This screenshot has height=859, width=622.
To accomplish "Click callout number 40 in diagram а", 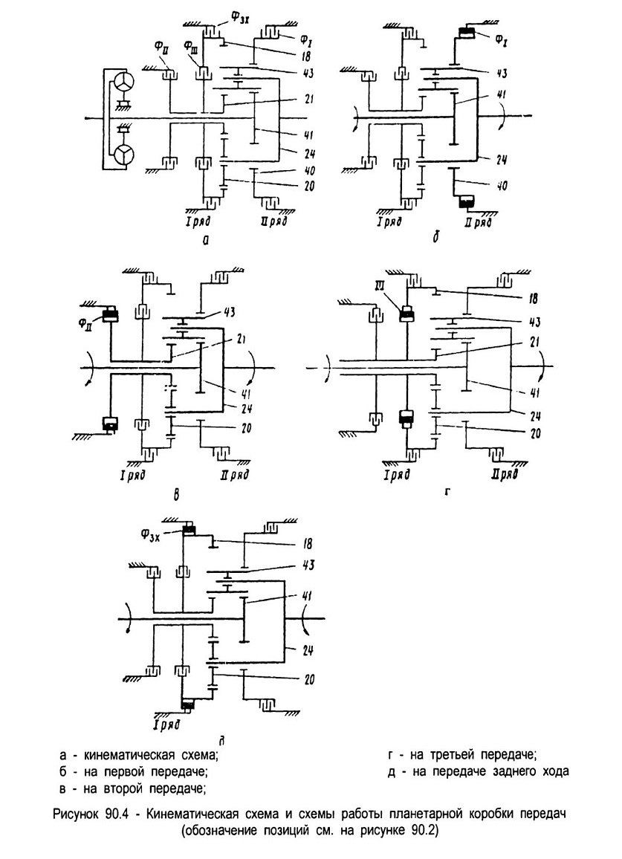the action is click(308, 170).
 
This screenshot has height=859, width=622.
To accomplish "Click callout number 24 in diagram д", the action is click(308, 651).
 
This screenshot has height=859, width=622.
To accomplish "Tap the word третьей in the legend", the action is click(450, 755).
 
